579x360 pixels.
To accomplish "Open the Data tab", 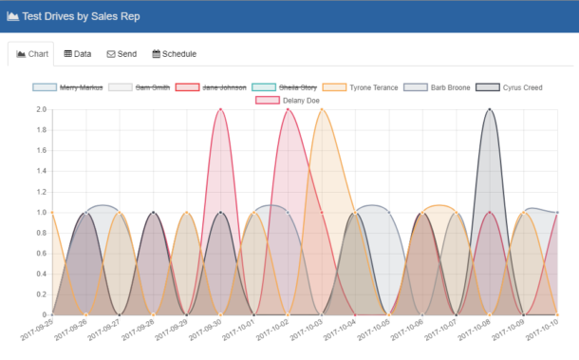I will pos(78,54).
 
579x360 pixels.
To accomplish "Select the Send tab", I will pos(121,54).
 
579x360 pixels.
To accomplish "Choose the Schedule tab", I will pos(175,54).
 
